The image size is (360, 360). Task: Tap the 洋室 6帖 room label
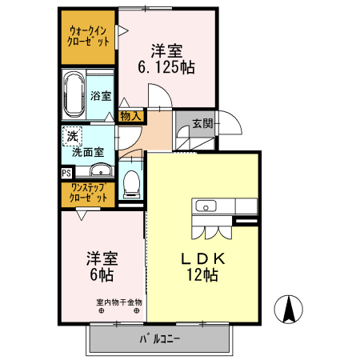(102, 266)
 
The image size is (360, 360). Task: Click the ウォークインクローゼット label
(89, 36)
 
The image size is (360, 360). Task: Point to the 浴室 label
(101, 94)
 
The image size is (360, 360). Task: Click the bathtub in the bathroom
(74, 93)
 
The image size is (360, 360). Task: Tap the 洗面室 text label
(87, 150)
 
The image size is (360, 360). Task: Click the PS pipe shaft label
(66, 171)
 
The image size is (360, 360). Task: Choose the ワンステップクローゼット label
(89, 192)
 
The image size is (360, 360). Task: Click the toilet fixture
(130, 183)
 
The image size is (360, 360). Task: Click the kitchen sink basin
(203, 208)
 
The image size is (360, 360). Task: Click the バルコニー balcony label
(160, 339)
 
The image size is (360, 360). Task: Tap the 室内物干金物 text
(119, 302)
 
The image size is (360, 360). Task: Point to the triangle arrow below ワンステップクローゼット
(82, 214)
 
